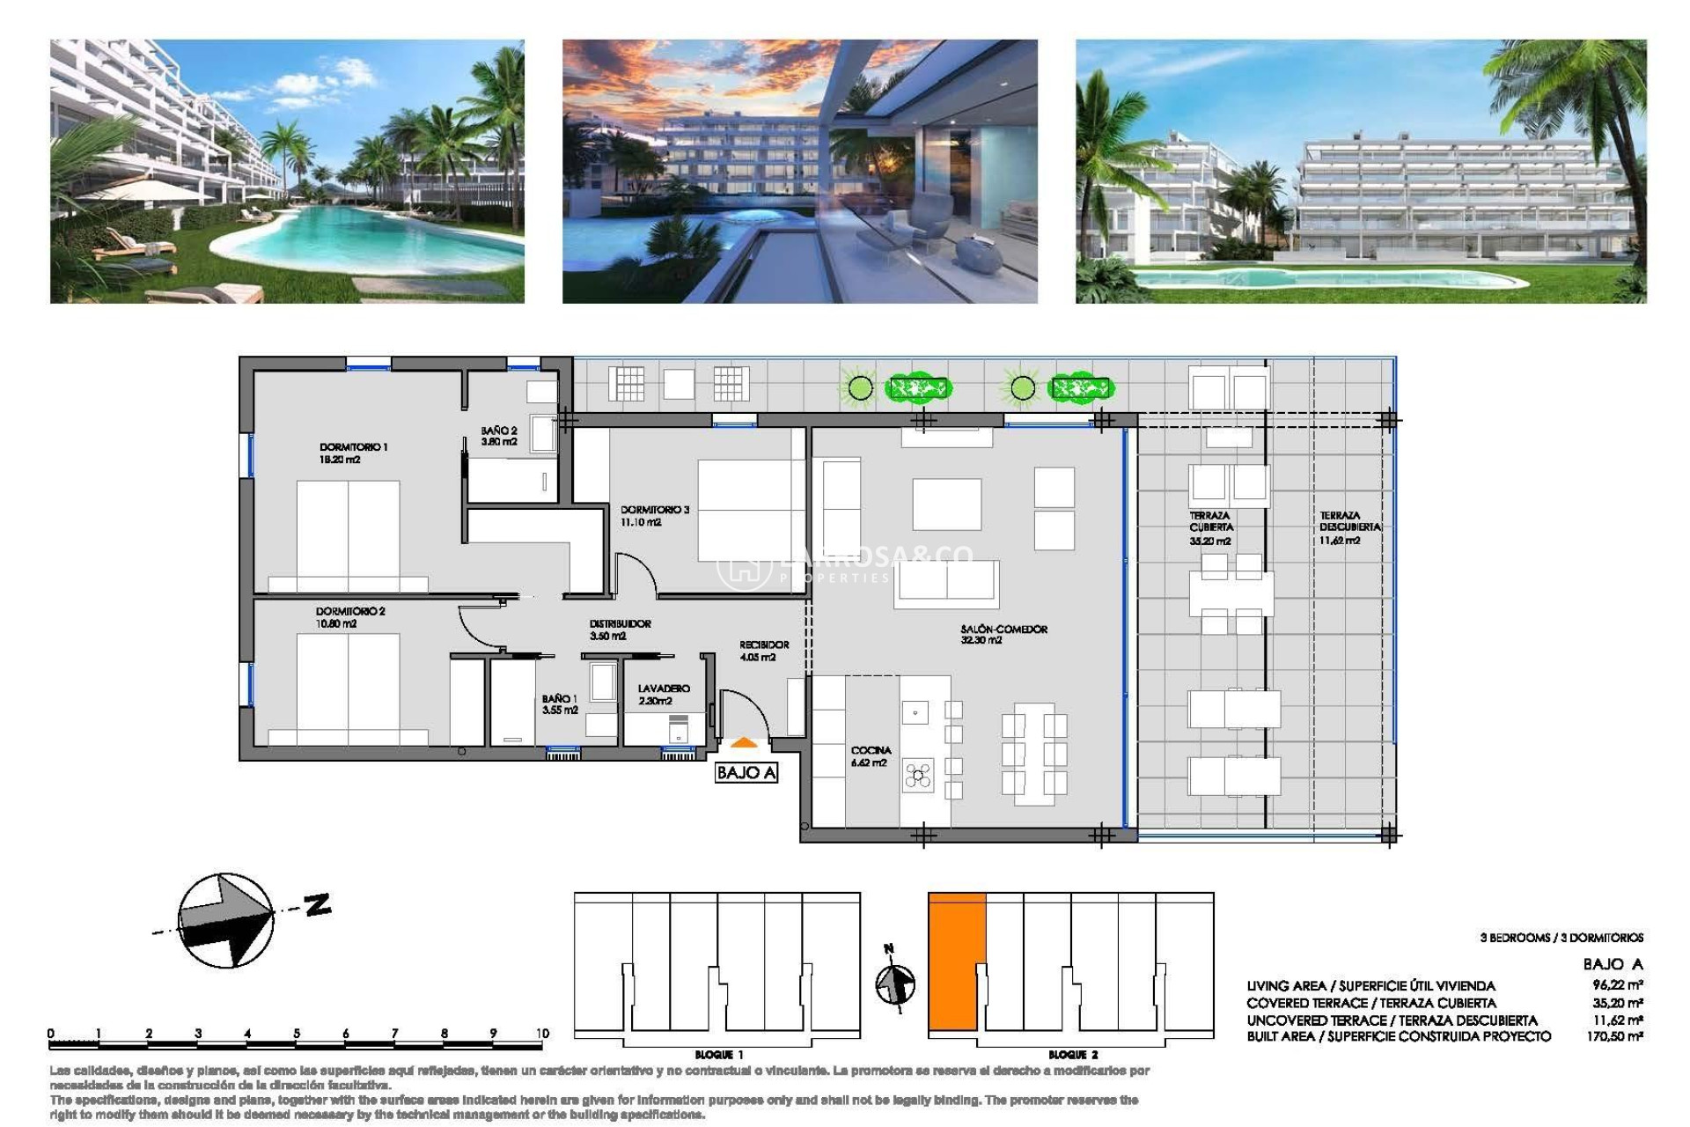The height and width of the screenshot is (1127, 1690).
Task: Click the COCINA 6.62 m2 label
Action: point(870,756)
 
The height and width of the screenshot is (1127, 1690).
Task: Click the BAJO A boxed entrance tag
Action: point(746,772)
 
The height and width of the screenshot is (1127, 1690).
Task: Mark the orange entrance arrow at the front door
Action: point(744,744)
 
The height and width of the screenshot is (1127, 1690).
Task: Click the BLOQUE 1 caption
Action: point(718,1054)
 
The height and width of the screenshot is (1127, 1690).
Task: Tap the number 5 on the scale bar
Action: point(296,1033)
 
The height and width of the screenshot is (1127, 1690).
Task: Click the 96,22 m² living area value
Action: point(1617,985)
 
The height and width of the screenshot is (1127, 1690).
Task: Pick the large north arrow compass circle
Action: point(225,920)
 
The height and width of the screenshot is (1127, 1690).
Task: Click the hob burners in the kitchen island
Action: point(917,776)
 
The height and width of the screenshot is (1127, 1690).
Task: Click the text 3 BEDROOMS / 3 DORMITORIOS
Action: point(1561,938)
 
